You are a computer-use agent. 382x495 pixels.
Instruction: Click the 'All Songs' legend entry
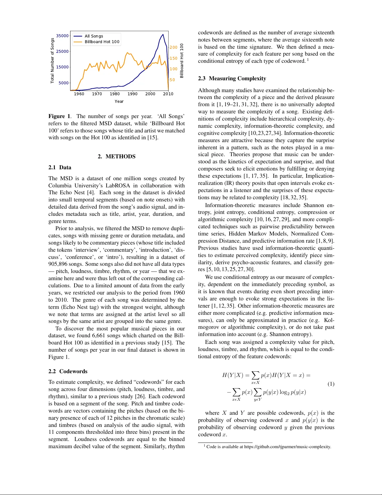coord(94,36)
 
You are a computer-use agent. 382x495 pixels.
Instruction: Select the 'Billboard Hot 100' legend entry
coord(102,42)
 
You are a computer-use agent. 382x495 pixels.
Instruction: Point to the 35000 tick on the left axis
coord(62,36)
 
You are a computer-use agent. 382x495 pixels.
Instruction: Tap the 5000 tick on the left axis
coord(64,83)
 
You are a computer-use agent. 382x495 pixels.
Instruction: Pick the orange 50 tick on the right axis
coord(172,80)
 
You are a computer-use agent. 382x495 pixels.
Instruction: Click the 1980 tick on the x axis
coord(115,94)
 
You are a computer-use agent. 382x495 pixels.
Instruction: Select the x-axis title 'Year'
coord(119,101)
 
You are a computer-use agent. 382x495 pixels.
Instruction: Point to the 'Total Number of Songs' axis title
coord(52,61)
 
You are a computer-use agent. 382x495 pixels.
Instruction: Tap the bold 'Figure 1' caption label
coord(59,116)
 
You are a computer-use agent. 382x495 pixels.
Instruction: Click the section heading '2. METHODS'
coord(117,156)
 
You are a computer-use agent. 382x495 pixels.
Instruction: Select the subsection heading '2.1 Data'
coord(60,167)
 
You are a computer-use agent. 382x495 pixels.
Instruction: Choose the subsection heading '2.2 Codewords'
coord(68,371)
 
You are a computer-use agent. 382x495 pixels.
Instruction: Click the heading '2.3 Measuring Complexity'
coord(232,78)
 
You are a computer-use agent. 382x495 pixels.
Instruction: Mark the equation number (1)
coord(331,384)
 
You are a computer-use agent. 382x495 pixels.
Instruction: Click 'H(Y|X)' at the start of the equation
coord(232,375)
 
